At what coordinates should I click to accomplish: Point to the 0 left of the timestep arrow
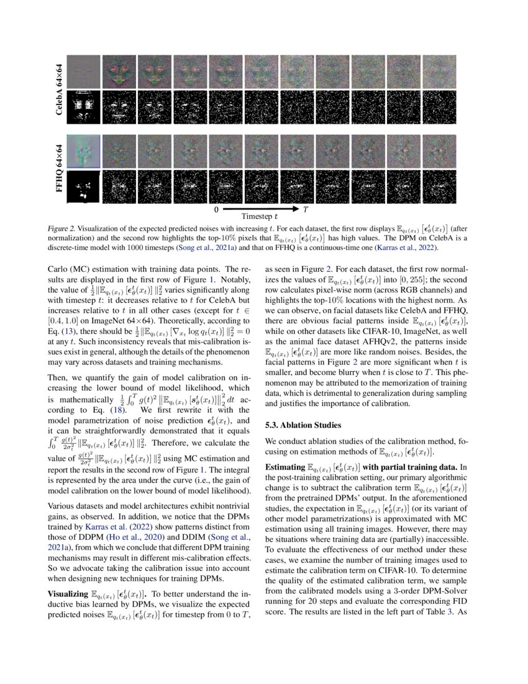click(216, 210)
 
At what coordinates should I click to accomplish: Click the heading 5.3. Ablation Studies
click(303, 425)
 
